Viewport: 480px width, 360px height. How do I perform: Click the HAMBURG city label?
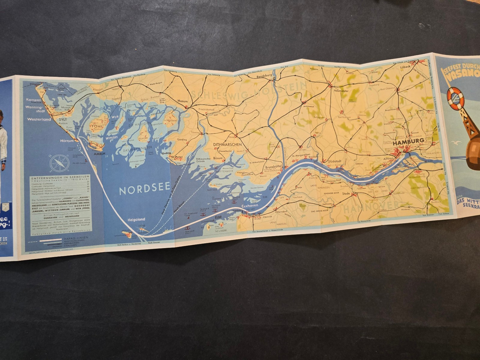click(409, 140)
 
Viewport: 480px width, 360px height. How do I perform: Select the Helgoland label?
click(136, 219)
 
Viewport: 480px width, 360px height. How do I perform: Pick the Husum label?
click(182, 101)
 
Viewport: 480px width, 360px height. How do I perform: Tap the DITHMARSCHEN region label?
click(228, 144)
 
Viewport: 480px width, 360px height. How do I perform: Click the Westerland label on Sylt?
click(39, 119)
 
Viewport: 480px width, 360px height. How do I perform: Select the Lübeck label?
click(405, 67)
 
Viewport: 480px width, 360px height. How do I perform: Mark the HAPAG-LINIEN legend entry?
click(80, 238)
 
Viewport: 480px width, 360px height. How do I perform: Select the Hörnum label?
click(66, 140)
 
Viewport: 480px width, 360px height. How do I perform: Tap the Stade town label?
click(346, 193)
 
